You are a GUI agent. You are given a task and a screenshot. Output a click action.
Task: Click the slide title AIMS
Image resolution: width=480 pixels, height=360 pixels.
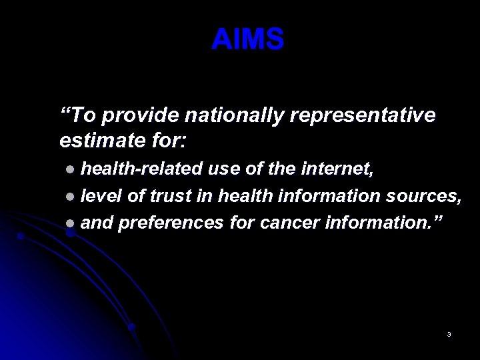(248, 40)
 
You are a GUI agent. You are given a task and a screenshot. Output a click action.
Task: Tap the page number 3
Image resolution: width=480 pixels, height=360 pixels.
(449, 334)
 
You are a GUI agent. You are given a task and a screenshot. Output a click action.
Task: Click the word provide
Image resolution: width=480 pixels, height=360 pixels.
(137, 116)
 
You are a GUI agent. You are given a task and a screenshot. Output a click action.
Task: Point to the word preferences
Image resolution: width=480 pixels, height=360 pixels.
(170, 223)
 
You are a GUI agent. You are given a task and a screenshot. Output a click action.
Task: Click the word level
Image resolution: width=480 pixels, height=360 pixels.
(101, 197)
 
